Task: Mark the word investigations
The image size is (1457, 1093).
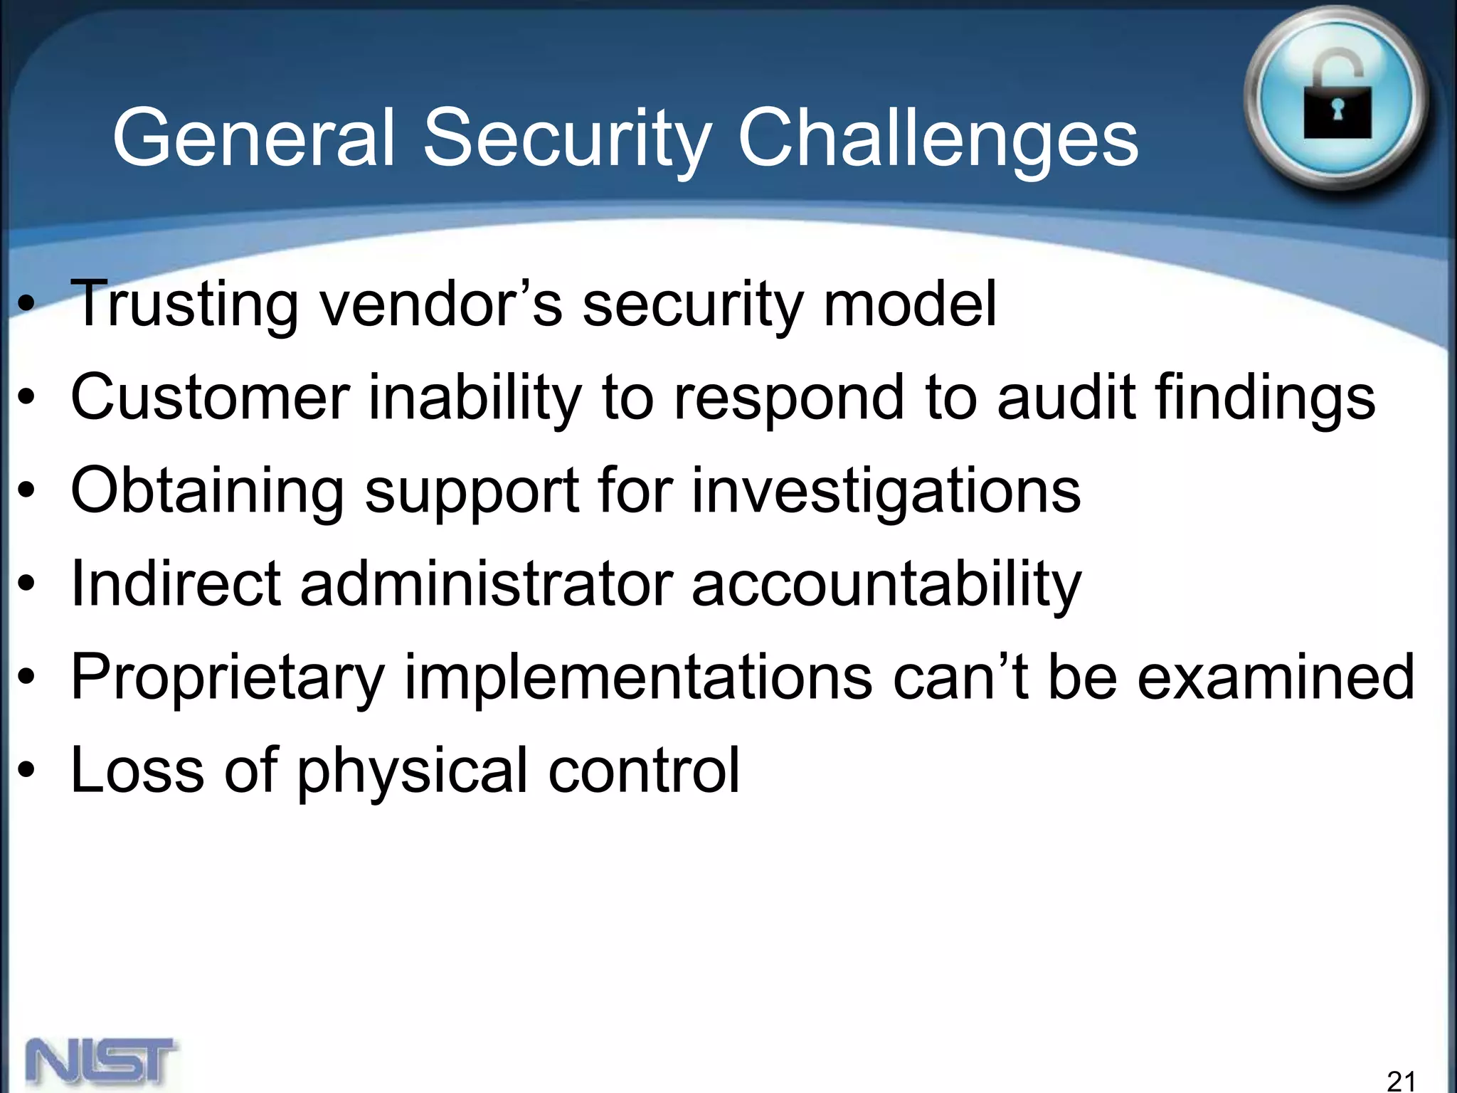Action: tap(886, 491)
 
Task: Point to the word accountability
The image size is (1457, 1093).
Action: tap(886, 585)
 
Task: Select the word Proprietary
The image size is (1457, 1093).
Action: tap(228, 678)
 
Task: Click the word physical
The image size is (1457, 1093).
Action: tap(412, 771)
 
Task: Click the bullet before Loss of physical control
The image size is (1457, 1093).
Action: tap(26, 771)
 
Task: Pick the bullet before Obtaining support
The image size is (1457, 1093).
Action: tap(26, 492)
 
